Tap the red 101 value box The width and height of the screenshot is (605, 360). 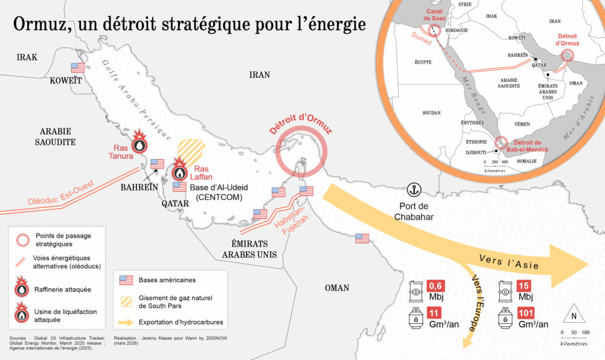[x=526, y=313]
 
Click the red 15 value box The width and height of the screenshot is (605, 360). [x=523, y=284]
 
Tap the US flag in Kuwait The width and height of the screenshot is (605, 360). [x=78, y=67]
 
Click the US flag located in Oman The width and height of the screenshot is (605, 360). [x=362, y=238]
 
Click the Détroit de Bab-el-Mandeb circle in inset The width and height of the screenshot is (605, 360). [x=501, y=142]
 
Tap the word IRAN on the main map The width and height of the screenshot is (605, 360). [x=259, y=74]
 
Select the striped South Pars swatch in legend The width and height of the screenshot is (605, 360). [x=126, y=301]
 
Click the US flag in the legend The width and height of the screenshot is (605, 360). [x=126, y=280]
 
